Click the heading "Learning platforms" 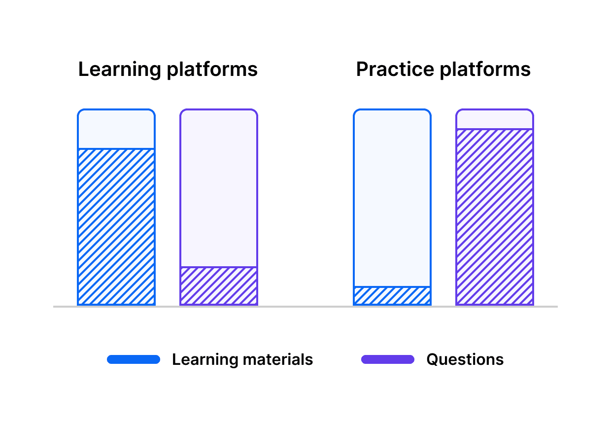(168, 70)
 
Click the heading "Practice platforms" (443, 70)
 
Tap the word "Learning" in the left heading (120, 70)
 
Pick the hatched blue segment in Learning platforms (116, 227)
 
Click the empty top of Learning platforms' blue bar (116, 129)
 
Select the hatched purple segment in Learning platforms (219, 286)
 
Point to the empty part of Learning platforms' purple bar (219, 187)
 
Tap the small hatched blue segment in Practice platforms (392, 296)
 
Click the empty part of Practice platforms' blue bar (392, 197)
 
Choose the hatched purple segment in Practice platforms (495, 217)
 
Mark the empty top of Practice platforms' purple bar (495, 119)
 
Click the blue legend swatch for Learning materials (134, 359)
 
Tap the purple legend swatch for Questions (388, 359)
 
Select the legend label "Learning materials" (242, 359)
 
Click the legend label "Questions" (465, 359)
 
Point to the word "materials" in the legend (277, 359)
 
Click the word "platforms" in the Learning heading (212, 70)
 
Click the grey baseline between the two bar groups (305, 307)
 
